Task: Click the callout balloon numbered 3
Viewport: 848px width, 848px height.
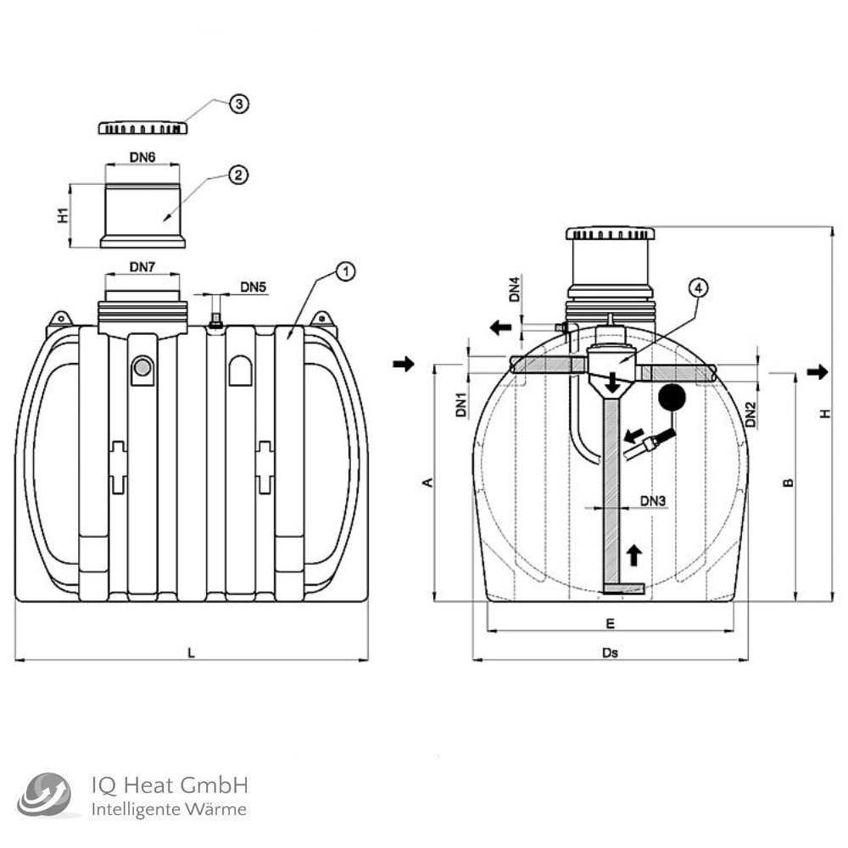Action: [x=239, y=103]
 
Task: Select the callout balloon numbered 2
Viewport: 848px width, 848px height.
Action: [x=238, y=176]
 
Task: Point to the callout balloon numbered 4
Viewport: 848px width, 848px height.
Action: [x=696, y=287]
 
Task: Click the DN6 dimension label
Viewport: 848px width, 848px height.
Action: [x=142, y=159]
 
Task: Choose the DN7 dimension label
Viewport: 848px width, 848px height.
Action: [x=142, y=267]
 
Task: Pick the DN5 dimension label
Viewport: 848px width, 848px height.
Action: [x=253, y=287]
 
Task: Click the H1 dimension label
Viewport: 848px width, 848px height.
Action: [x=63, y=215]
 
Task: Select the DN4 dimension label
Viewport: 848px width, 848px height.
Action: [x=514, y=289]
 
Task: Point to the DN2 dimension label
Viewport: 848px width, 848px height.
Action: [x=750, y=414]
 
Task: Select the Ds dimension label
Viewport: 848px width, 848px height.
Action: [x=609, y=653]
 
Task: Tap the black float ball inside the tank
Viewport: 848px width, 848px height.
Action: [x=672, y=397]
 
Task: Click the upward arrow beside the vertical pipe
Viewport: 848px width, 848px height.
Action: [x=633, y=555]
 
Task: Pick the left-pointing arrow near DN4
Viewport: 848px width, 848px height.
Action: [x=500, y=327]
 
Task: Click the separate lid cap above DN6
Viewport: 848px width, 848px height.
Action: [x=142, y=127]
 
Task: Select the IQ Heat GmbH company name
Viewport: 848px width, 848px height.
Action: [x=169, y=785]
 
